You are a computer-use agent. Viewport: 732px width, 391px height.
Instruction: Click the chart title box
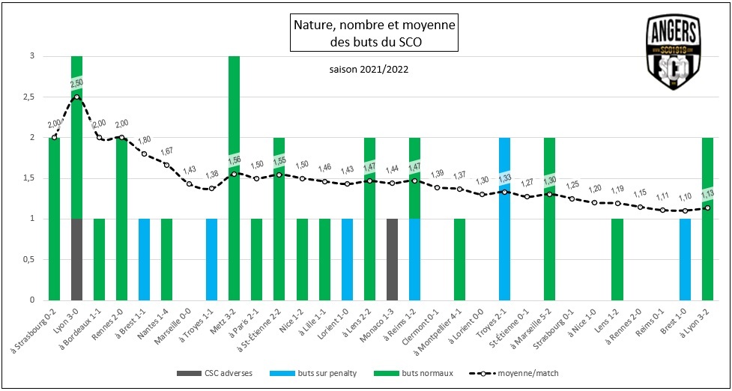point(372,34)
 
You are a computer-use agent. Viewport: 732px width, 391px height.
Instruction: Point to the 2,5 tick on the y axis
point(29,97)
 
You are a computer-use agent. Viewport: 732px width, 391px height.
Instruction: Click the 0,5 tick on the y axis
point(29,260)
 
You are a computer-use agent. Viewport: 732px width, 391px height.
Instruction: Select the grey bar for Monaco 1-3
point(392,259)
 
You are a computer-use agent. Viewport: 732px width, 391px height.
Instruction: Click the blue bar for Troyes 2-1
point(505,219)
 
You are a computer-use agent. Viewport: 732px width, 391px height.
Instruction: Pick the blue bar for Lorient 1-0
point(347,259)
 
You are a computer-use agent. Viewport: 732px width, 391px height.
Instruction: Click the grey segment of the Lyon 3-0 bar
point(76,259)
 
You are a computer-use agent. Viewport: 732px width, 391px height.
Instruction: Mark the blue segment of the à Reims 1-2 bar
point(414,259)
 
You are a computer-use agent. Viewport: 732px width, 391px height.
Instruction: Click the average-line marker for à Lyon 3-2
point(707,208)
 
